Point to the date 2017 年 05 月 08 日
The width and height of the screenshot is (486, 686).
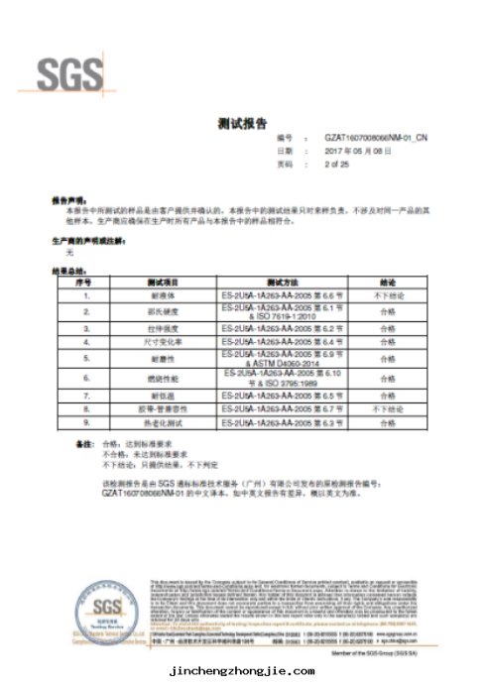(x=332, y=151)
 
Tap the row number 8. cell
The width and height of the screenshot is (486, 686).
(x=86, y=407)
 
